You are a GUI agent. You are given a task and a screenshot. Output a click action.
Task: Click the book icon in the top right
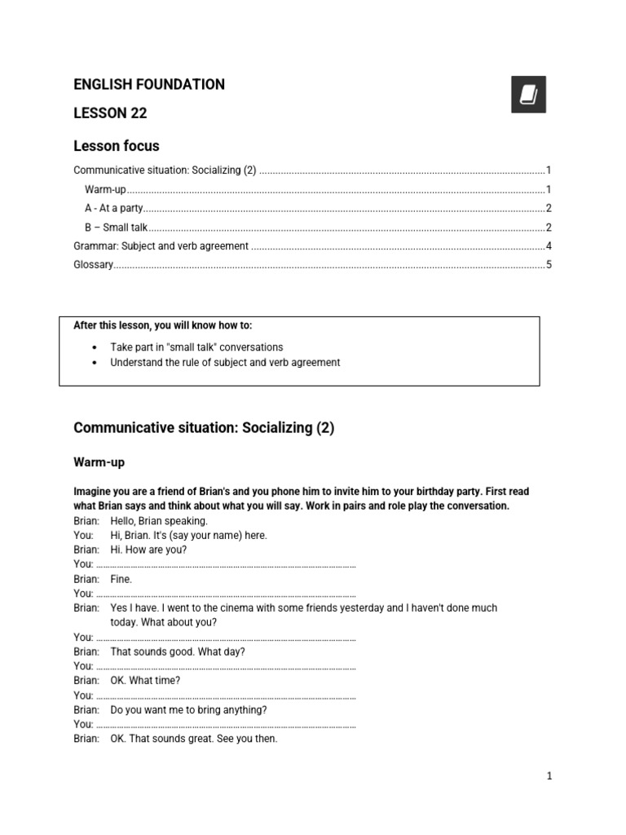(x=528, y=95)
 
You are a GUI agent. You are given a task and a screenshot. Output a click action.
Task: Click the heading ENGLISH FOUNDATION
(x=149, y=85)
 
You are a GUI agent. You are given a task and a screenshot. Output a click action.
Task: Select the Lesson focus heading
(x=117, y=147)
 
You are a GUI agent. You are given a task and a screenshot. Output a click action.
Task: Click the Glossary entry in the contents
(x=93, y=265)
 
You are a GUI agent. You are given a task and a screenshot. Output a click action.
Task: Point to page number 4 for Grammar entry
(x=549, y=246)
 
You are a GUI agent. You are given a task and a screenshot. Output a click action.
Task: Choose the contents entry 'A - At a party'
(x=113, y=209)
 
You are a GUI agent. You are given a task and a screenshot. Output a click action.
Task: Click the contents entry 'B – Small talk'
(x=115, y=228)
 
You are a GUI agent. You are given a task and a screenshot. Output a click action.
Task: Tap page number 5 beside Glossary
(x=549, y=265)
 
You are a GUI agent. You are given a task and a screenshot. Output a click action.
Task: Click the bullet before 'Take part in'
(x=96, y=347)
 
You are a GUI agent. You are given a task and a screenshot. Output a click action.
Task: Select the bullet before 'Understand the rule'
(x=96, y=363)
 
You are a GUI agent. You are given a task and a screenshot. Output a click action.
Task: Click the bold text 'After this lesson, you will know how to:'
(x=163, y=325)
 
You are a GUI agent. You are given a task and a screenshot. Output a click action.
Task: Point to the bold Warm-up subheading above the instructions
(x=99, y=462)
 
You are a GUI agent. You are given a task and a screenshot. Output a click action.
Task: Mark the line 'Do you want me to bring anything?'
(x=188, y=710)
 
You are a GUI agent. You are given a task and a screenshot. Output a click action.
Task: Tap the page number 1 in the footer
(x=549, y=776)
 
